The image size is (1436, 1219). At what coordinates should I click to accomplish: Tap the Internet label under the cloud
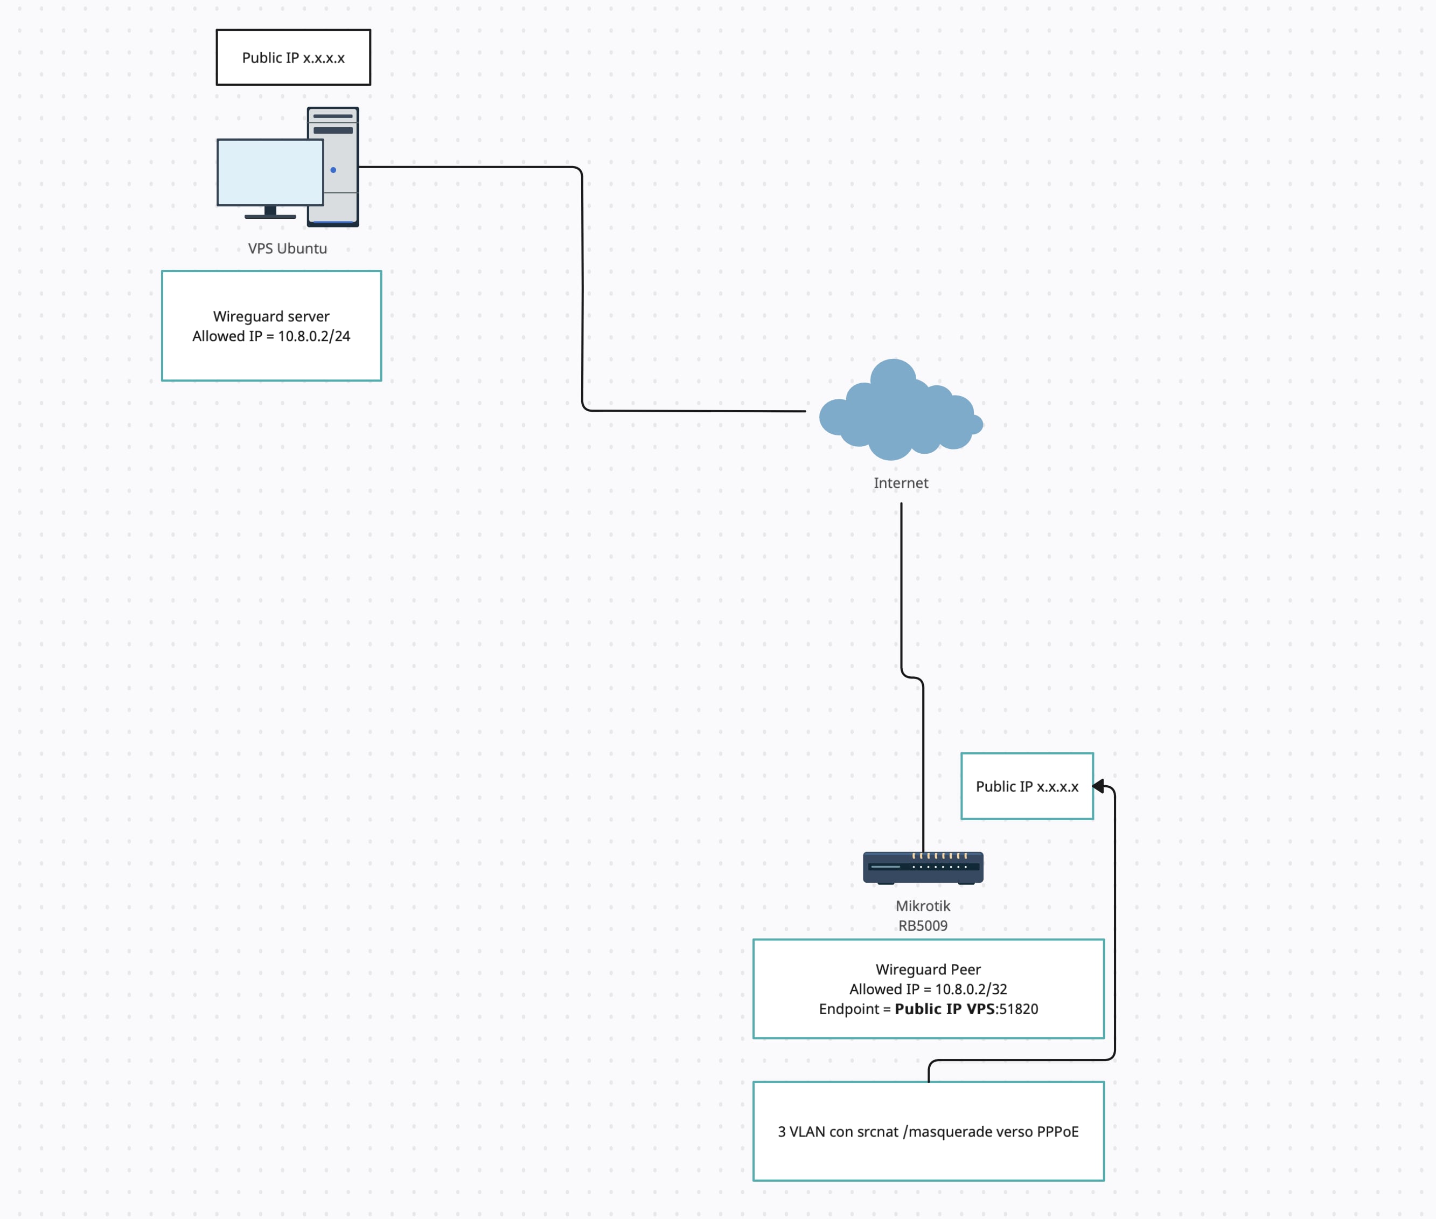click(x=901, y=483)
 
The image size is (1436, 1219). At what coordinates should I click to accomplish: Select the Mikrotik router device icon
click(x=923, y=868)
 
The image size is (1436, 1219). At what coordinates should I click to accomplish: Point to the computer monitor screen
click(x=270, y=172)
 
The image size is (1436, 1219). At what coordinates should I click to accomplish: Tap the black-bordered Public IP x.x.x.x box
click(x=293, y=57)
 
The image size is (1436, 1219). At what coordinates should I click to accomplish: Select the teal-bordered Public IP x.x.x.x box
click(x=1027, y=786)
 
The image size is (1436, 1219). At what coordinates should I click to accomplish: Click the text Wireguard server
click(x=271, y=316)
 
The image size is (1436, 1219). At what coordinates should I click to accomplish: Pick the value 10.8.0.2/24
click(x=314, y=336)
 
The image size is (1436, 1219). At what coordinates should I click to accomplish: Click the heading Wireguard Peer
click(x=928, y=969)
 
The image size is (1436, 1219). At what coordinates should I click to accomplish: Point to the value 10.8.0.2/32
click(x=971, y=989)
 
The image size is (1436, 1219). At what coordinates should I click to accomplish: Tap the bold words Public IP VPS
click(x=945, y=1009)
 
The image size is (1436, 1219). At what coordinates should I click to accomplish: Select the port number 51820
click(x=1019, y=1009)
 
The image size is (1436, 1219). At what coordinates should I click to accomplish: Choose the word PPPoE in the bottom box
click(x=1057, y=1132)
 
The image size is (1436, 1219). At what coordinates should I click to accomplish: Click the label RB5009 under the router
click(x=923, y=926)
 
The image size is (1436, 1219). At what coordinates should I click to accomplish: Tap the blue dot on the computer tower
click(x=333, y=170)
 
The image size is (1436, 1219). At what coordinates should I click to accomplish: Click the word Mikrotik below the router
click(x=923, y=906)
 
